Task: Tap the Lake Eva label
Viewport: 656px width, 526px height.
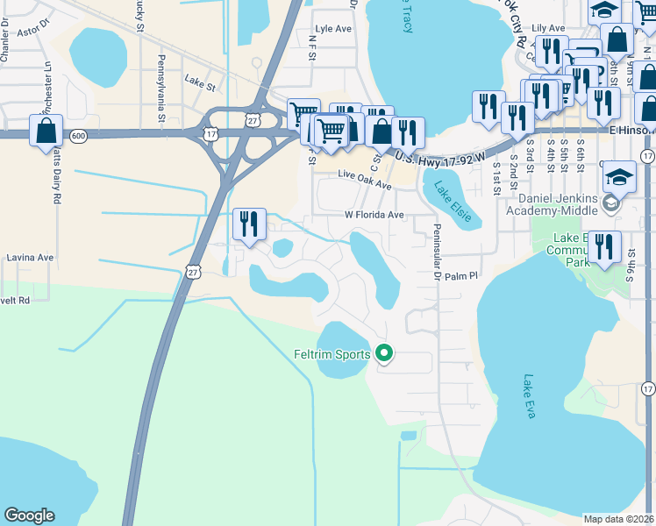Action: (x=529, y=396)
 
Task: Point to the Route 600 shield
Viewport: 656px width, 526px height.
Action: (x=79, y=135)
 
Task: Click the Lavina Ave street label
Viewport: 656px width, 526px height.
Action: (x=30, y=258)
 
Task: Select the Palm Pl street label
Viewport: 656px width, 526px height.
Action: (x=460, y=275)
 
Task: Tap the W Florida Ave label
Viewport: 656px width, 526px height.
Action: (x=373, y=215)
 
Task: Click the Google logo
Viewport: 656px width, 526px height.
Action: (x=29, y=515)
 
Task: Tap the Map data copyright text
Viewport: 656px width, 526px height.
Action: (x=619, y=519)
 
